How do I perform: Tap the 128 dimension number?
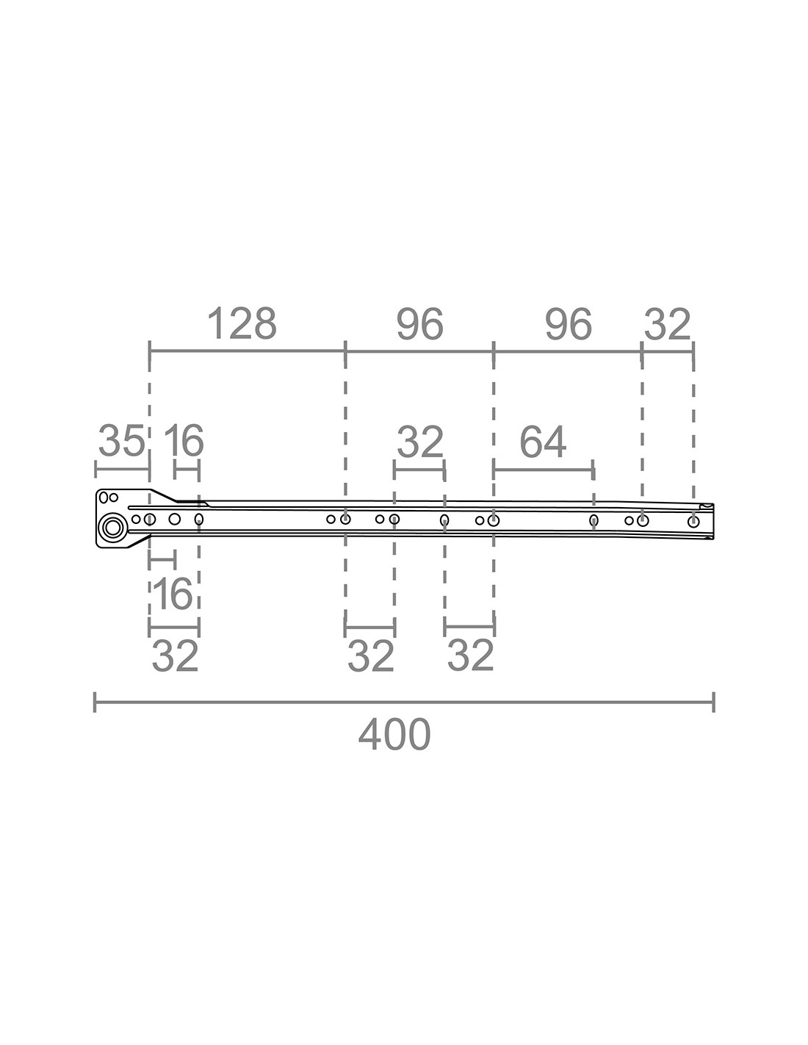coord(242,323)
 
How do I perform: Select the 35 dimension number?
coord(121,440)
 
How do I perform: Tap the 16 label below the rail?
coord(172,594)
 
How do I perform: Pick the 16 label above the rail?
coord(184,440)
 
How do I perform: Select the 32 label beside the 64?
coord(419,442)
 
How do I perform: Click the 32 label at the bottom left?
coord(175,656)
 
